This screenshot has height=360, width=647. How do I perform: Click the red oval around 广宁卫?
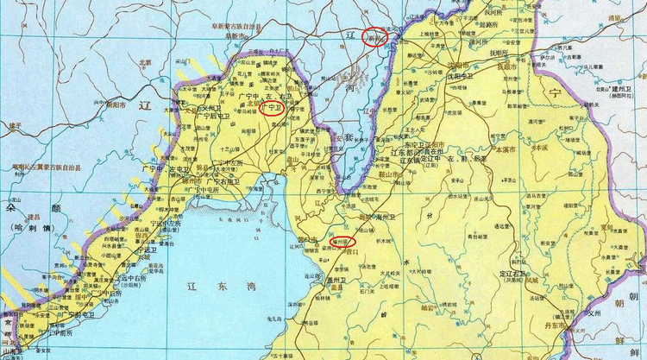(272, 110)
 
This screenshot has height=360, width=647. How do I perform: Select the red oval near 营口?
(342, 243)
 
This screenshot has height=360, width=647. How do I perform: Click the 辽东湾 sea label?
(219, 282)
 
